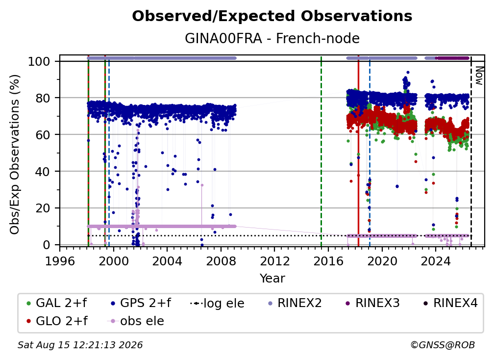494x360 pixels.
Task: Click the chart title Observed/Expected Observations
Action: [272, 16]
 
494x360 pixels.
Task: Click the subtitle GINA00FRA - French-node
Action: [272, 38]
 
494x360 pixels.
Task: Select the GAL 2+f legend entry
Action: [56, 303]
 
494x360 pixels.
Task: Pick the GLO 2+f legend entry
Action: [57, 321]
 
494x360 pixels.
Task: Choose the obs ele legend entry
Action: [136, 321]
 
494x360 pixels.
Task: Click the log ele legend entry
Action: [218, 303]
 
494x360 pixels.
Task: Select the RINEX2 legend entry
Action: [295, 303]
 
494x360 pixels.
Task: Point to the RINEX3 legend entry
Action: [372, 303]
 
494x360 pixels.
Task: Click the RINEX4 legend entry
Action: [451, 303]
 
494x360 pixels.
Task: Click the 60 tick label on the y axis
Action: [43, 134]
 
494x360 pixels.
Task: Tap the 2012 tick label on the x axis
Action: [274, 261]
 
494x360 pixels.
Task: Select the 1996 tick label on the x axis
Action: [60, 261]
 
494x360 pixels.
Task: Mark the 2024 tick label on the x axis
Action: [435, 261]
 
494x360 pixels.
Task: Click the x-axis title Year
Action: [272, 278]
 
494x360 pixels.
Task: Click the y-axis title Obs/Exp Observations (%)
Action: [15, 154]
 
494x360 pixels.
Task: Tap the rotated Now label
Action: [479, 76]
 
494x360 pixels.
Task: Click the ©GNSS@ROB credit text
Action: [443, 345]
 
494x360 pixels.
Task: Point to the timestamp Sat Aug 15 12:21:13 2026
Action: [80, 345]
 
